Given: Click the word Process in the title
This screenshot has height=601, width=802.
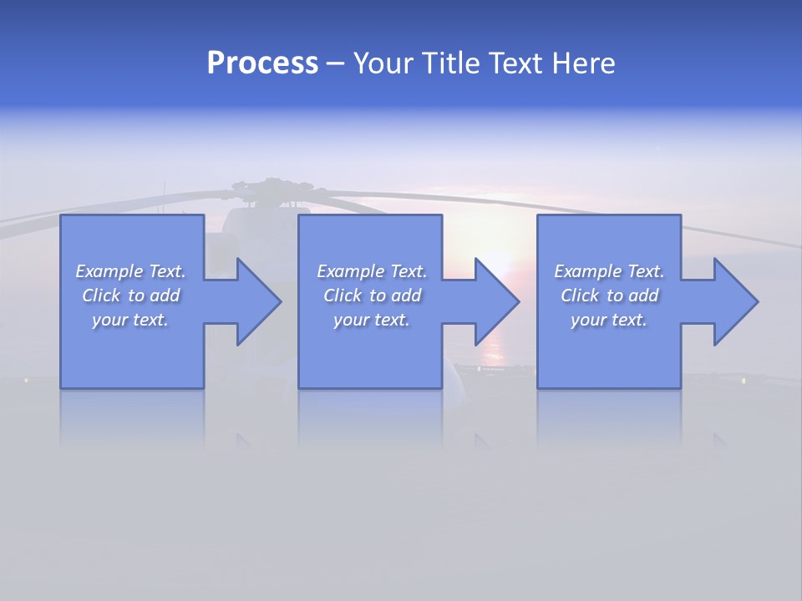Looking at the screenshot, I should [x=262, y=63].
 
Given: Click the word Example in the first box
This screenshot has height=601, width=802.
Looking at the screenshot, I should [x=109, y=271].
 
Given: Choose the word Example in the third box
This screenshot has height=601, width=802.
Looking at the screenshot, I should [x=588, y=271].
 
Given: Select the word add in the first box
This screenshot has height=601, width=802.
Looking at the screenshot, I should [x=165, y=295].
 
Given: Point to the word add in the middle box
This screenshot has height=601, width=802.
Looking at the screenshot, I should [x=407, y=295].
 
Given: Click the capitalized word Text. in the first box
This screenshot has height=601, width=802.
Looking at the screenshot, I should [x=167, y=271].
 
